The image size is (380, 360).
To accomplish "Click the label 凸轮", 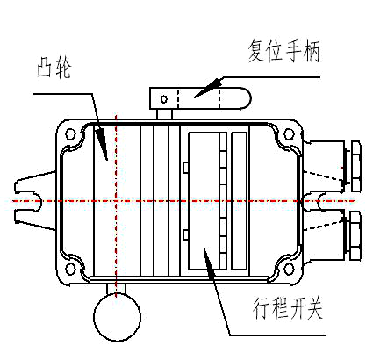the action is pos(54,70).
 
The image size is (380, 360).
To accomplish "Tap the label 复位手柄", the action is pos(284,51).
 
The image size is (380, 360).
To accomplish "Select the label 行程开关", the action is pos(288,308).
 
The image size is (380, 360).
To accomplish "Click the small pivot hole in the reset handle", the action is pos(164,99).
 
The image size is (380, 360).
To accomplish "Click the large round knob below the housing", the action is pos(117,317).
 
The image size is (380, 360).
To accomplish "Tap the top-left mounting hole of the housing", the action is pos(70,134).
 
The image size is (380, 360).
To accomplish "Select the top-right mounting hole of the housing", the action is pos(289,134).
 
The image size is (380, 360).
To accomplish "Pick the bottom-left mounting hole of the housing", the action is pos(70,269).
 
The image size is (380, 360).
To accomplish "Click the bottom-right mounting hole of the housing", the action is pos(289,269).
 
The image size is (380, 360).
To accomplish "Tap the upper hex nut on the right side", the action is pos(356,166).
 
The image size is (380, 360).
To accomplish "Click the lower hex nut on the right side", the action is pos(356,236).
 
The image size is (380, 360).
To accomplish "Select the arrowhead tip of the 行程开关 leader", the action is pos(204,248).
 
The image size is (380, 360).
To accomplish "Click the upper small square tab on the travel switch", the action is pos(185,168).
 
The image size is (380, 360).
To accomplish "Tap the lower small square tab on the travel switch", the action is pos(185,235).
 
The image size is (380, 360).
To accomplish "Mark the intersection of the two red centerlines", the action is pos(117,201).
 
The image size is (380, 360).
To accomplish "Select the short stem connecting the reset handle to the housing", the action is pos(164,114).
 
